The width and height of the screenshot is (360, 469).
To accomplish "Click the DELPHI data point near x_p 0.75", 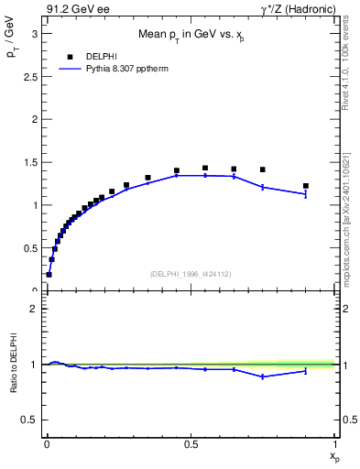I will point(263,169).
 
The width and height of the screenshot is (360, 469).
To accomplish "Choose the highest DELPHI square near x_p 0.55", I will point(205,169).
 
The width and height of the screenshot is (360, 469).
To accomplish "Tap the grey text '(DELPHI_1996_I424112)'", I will point(191,273).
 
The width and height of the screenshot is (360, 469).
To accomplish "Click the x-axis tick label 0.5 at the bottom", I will point(191,443).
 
